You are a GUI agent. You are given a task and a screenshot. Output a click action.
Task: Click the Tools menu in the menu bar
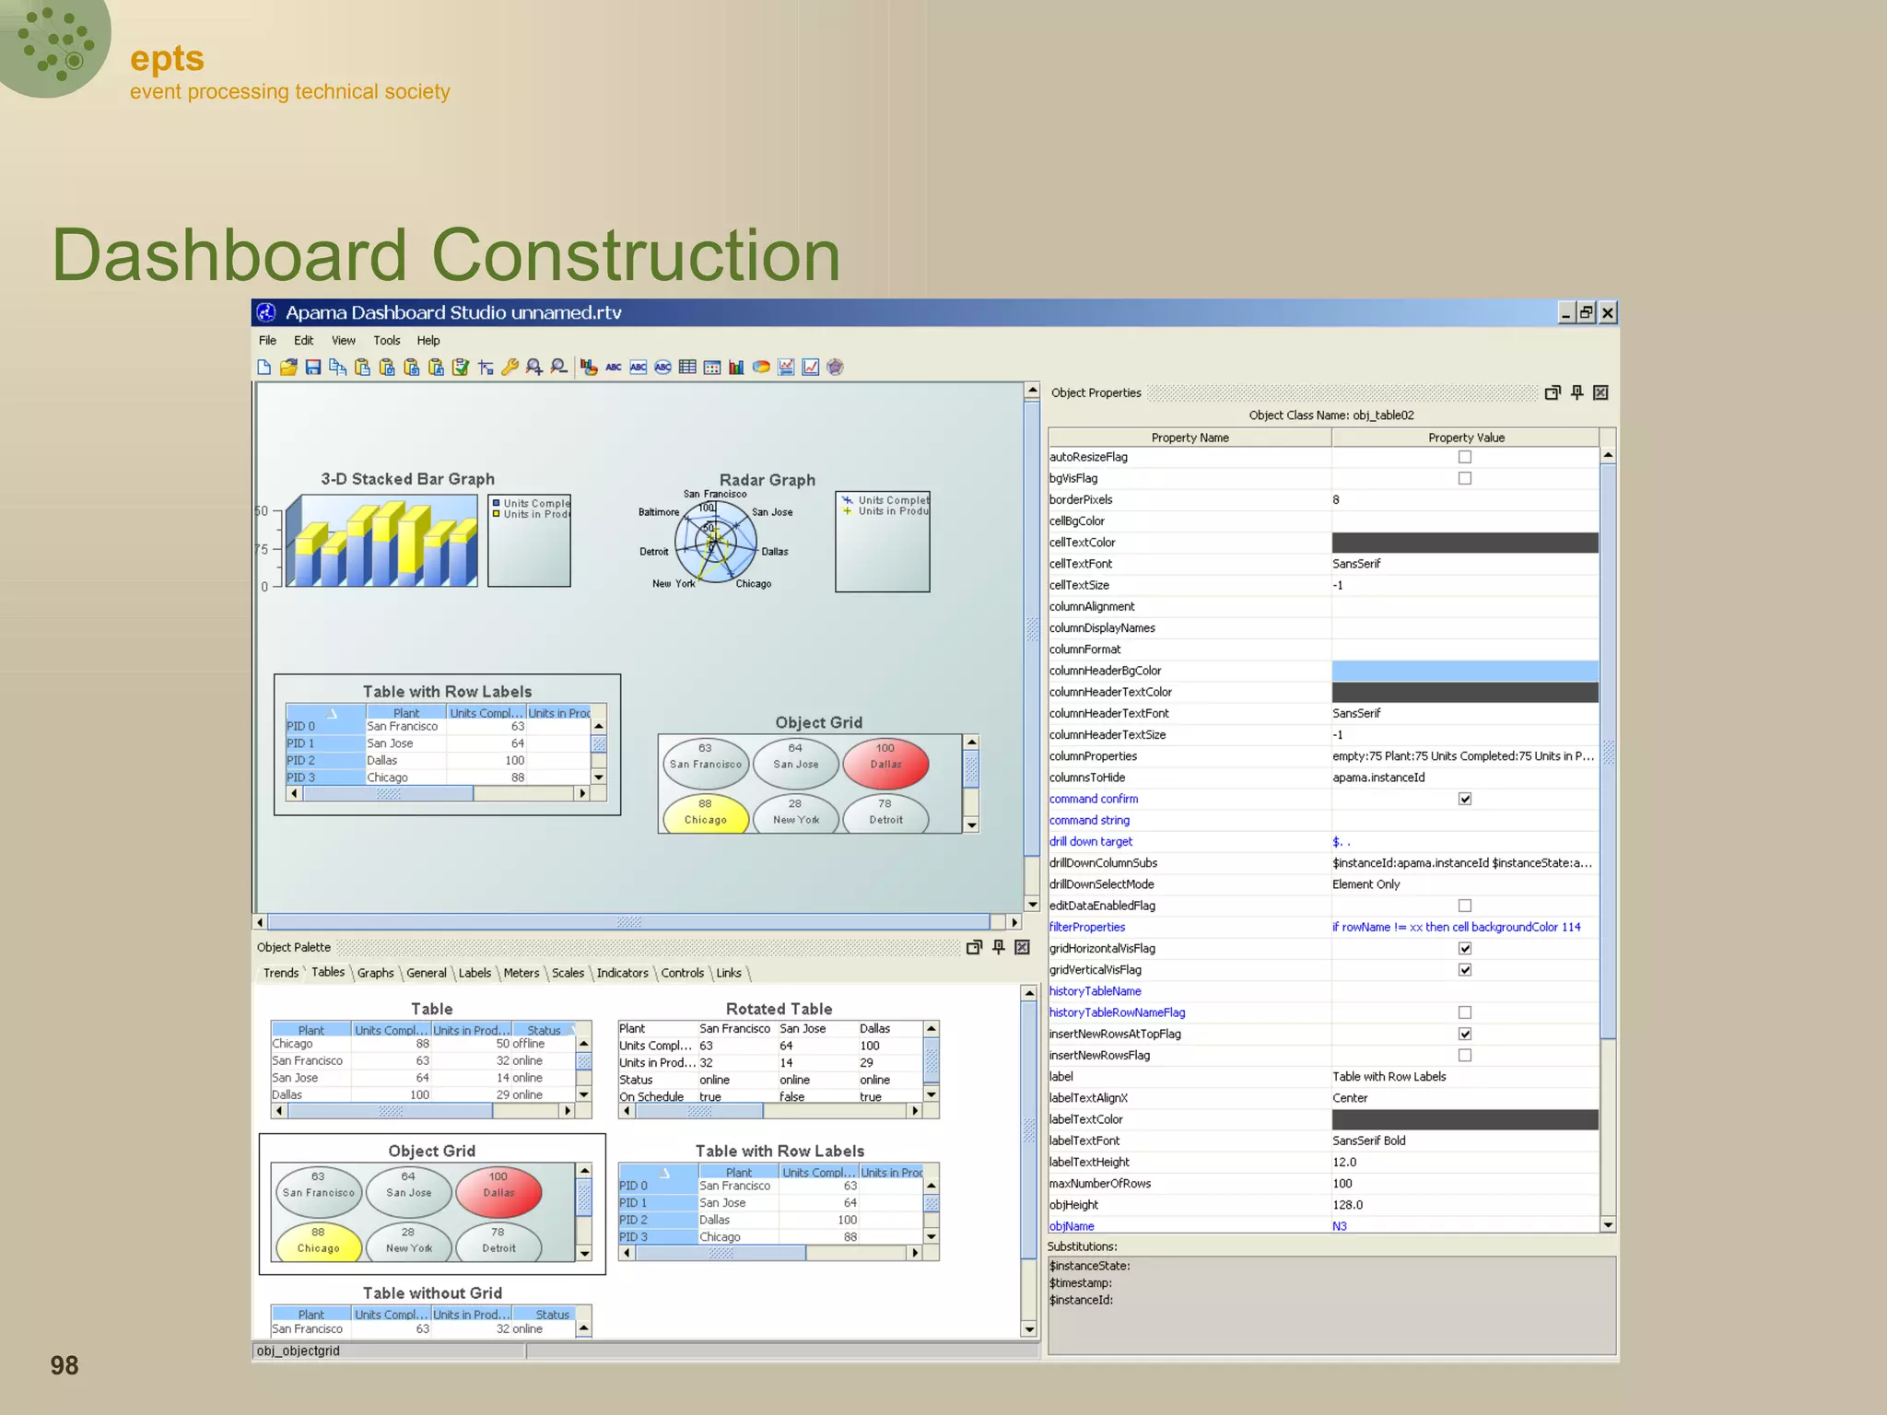pyautogui.click(x=386, y=341)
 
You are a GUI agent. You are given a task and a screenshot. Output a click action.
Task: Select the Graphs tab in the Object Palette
pyautogui.click(x=375, y=973)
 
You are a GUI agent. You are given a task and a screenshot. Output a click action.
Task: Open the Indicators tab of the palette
pyautogui.click(x=622, y=973)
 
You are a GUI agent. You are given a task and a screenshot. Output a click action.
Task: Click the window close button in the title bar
pyautogui.click(x=1608, y=313)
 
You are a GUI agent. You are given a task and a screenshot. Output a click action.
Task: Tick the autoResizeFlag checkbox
pyautogui.click(x=1465, y=457)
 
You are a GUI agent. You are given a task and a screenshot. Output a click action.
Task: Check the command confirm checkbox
pyautogui.click(x=1465, y=799)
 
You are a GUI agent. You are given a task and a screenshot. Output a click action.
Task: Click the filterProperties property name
pyautogui.click(x=1087, y=927)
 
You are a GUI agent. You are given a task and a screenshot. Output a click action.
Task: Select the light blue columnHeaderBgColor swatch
pyautogui.click(x=1465, y=671)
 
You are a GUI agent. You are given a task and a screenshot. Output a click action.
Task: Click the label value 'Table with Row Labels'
pyautogui.click(x=1389, y=1077)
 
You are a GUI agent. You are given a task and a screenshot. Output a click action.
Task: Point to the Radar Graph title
pyautogui.click(x=767, y=480)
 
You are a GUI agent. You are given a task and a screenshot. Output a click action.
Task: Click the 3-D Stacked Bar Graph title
pyautogui.click(x=407, y=479)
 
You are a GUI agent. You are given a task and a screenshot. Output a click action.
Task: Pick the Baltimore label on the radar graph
pyautogui.click(x=658, y=512)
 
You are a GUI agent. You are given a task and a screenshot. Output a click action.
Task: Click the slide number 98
pyautogui.click(x=64, y=1365)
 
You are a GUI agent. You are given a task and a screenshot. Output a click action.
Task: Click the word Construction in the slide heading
pyautogui.click(x=636, y=255)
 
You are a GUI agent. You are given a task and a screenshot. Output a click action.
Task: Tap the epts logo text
pyautogui.click(x=167, y=59)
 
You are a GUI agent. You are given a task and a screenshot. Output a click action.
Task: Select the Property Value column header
pyautogui.click(x=1465, y=438)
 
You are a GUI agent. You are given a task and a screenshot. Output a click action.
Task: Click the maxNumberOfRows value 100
pyautogui.click(x=1342, y=1184)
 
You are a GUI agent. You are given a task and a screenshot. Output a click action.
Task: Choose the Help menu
pyautogui.click(x=428, y=341)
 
